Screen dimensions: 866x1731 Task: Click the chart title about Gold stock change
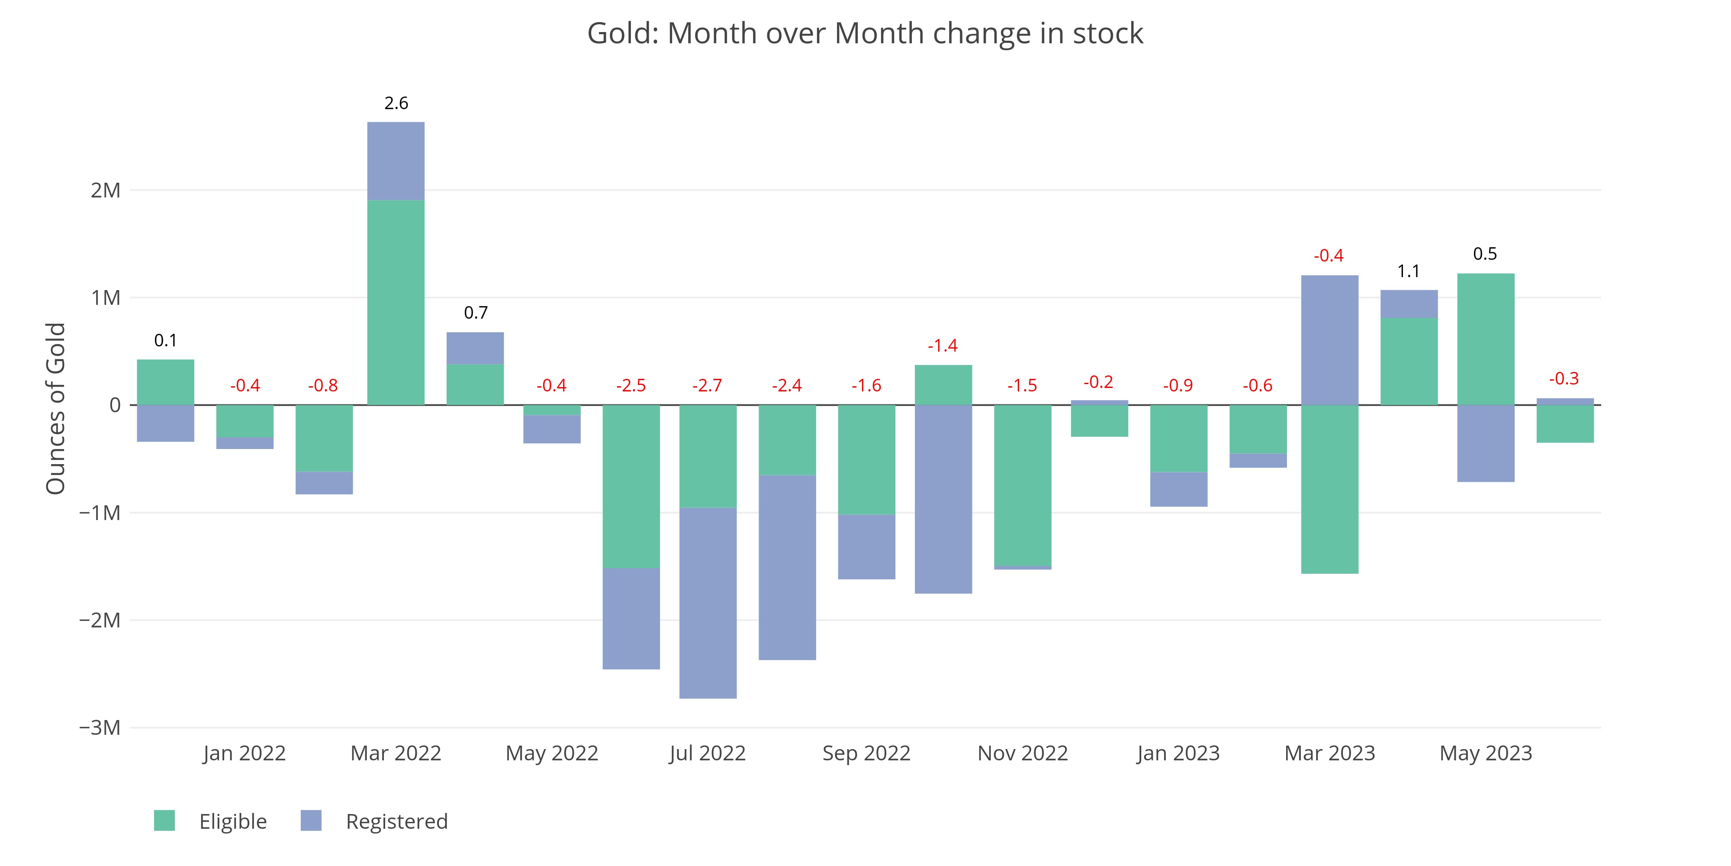[865, 34]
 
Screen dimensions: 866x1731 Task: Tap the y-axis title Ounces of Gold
[56, 408]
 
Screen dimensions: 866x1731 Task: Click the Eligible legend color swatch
[164, 820]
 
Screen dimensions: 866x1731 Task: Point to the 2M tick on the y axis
[106, 190]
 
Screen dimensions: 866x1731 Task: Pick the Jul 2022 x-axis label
[708, 753]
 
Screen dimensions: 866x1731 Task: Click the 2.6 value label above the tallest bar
[396, 103]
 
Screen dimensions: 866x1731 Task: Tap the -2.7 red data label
[707, 385]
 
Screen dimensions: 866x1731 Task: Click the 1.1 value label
[1409, 271]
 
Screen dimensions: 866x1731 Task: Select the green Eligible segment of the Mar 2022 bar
[396, 303]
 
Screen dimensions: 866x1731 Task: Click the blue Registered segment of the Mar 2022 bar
[396, 162]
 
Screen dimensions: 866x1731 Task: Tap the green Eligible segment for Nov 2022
[1022, 485]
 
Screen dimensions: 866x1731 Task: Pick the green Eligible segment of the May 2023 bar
[1486, 339]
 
